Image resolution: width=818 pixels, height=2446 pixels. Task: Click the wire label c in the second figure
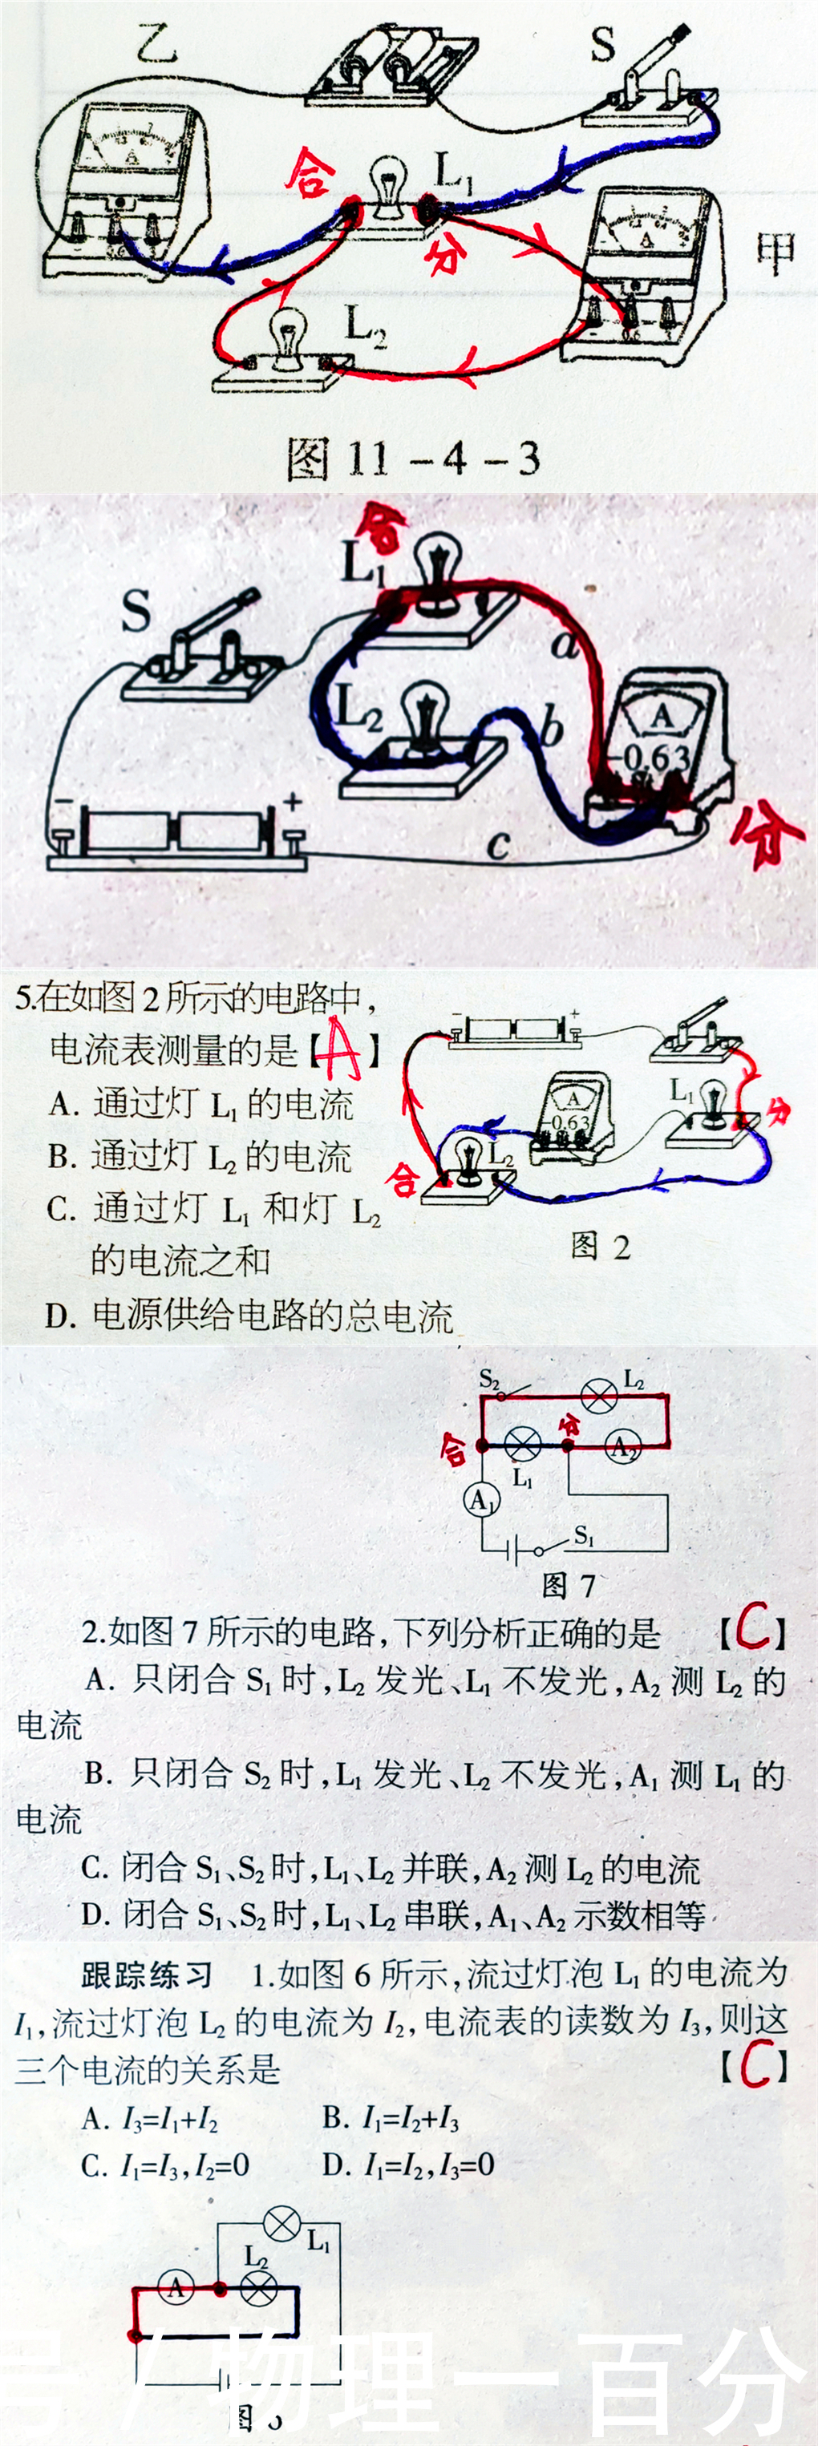pos(498,843)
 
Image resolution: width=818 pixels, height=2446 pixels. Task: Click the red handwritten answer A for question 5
pos(340,1049)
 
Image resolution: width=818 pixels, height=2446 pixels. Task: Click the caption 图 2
pos(601,1247)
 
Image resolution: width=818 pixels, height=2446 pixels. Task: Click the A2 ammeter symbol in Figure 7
pos(622,1446)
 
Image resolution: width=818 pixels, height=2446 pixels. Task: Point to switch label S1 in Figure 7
pos(585,1535)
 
